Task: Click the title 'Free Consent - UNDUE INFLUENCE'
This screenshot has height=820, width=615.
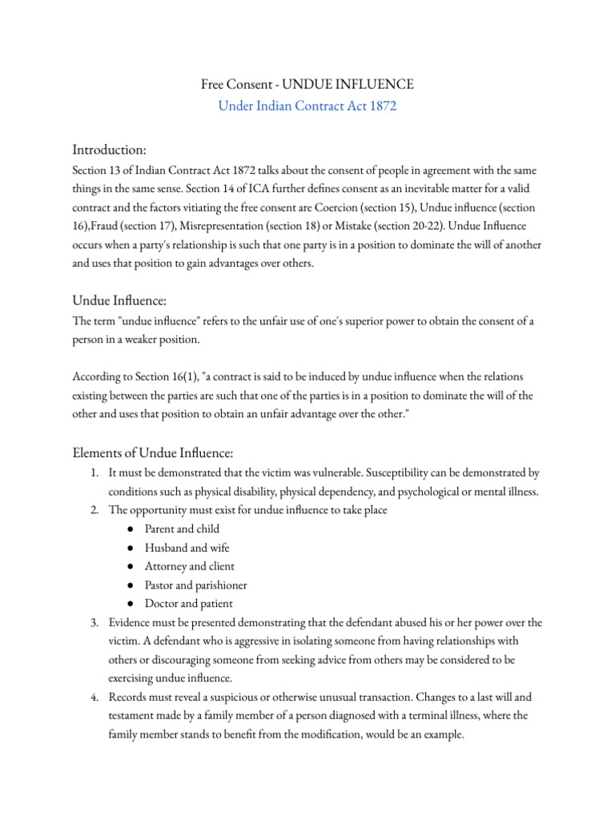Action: point(307,84)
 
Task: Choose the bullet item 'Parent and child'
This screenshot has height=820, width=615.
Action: point(182,529)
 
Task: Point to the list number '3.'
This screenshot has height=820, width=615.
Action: point(94,622)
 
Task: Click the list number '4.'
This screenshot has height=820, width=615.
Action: point(94,697)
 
